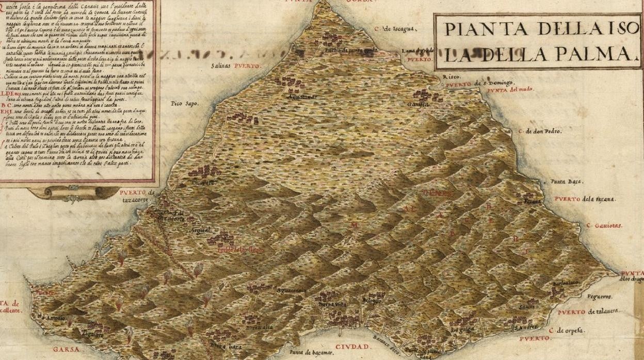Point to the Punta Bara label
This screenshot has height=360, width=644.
click(x=567, y=182)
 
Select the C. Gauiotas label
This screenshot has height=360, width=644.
click(x=604, y=225)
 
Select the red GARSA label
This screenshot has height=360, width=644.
click(x=66, y=349)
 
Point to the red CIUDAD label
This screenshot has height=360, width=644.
click(x=352, y=347)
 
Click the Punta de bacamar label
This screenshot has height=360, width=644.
click(x=311, y=352)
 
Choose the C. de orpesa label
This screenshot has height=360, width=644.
click(x=566, y=330)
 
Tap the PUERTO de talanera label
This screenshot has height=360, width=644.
click(x=588, y=312)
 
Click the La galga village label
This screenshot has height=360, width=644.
click(x=462, y=330)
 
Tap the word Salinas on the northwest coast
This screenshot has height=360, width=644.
click(x=222, y=66)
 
